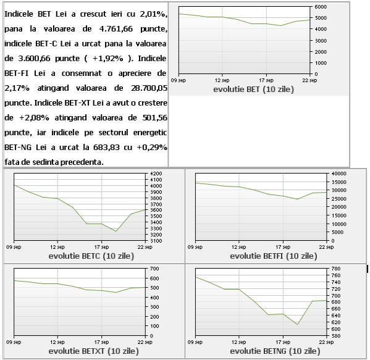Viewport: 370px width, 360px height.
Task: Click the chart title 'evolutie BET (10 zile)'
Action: [x=253, y=90]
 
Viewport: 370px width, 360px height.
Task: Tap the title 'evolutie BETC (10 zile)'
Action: [x=91, y=256]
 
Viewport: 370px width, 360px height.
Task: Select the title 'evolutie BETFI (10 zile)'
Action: [x=274, y=256]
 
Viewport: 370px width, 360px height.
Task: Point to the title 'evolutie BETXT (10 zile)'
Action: [x=93, y=351]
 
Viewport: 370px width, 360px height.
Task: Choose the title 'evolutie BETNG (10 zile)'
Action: [x=275, y=351]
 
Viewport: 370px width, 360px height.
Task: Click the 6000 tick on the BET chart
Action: [x=321, y=7]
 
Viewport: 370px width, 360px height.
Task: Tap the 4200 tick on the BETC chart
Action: [x=156, y=174]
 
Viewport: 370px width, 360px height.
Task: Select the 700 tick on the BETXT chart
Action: [x=154, y=269]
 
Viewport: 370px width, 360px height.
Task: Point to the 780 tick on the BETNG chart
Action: [x=336, y=269]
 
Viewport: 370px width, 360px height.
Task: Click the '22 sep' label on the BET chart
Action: [x=310, y=80]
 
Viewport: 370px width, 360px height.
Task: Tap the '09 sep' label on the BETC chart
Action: [x=14, y=247]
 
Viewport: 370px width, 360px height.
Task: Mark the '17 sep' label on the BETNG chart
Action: [x=283, y=342]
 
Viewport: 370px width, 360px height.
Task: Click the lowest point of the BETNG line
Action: [x=298, y=325]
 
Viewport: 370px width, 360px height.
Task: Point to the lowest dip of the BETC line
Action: [x=116, y=231]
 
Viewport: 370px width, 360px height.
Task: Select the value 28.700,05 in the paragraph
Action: [x=149, y=88]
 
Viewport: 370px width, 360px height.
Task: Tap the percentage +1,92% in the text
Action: [x=108, y=59]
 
